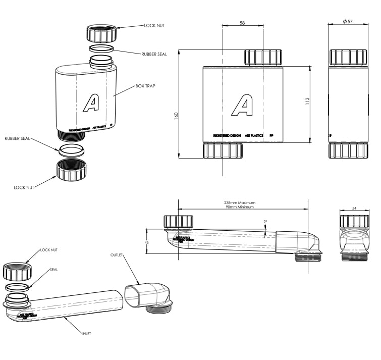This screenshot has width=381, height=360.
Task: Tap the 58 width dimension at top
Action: (x=242, y=23)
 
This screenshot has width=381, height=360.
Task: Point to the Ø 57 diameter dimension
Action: (x=347, y=22)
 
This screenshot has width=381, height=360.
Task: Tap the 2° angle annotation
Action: (x=265, y=221)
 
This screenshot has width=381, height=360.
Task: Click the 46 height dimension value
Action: (x=146, y=242)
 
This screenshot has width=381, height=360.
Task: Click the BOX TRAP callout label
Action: (x=145, y=86)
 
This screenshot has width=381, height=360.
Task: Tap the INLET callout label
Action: (x=86, y=334)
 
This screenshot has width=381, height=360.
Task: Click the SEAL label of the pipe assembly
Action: (x=53, y=270)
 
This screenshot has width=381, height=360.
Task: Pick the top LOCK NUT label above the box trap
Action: (x=154, y=25)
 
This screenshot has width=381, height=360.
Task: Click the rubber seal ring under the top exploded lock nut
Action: (x=101, y=49)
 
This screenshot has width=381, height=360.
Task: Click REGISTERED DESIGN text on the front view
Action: (x=227, y=136)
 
